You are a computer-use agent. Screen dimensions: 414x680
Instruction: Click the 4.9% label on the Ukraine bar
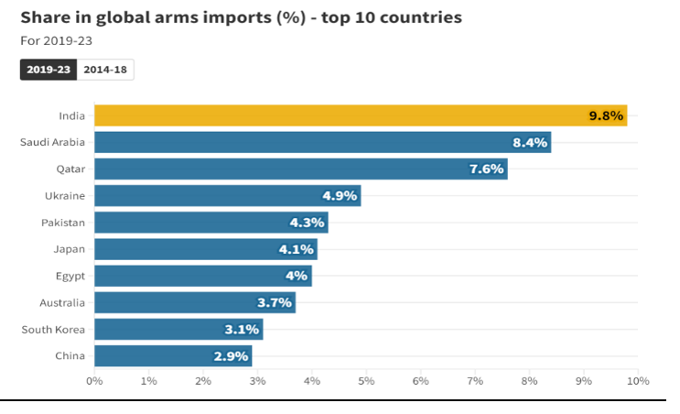(x=340, y=196)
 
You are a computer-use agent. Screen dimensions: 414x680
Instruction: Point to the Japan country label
(x=70, y=249)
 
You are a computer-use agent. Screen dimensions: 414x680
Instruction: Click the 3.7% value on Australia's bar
(x=275, y=302)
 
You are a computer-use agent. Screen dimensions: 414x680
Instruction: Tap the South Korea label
(x=54, y=329)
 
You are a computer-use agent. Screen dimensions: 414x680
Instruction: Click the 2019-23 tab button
(x=49, y=70)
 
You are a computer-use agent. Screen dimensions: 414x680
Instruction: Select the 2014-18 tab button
(x=105, y=70)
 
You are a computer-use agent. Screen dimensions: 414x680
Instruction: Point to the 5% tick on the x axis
(x=366, y=380)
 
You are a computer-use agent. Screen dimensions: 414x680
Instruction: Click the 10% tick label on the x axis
(x=638, y=380)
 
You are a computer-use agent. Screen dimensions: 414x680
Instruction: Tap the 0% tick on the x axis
(x=94, y=380)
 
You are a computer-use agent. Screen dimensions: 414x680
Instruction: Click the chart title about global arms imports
(x=241, y=17)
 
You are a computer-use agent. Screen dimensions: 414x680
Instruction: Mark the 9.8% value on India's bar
(x=606, y=115)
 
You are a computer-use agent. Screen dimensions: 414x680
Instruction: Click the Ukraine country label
(x=66, y=196)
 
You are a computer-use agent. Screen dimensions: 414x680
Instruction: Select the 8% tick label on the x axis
(x=529, y=380)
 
